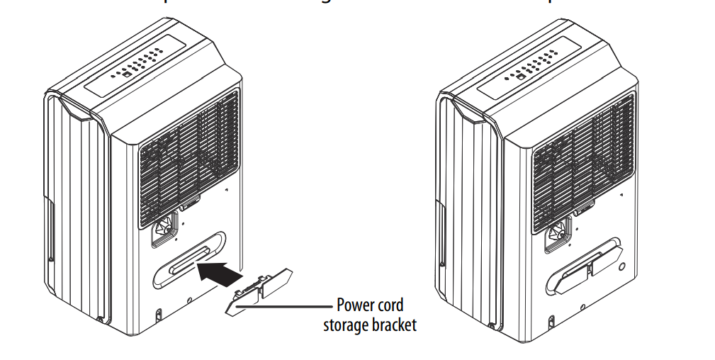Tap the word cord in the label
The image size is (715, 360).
(390, 305)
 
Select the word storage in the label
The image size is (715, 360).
(345, 325)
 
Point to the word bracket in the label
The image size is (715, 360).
(393, 325)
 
